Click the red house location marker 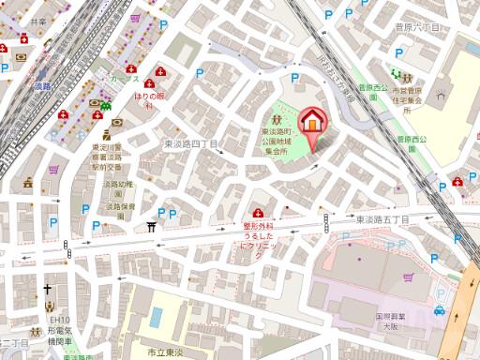[312, 123]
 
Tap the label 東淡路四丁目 [191, 144]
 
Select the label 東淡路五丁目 [383, 219]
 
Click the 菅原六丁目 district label [417, 29]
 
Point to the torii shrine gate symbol [151, 225]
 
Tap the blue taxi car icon [439, 311]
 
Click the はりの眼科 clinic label [150, 96]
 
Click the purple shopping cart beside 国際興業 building [408, 277]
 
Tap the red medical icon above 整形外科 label [258, 214]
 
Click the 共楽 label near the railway [37, 21]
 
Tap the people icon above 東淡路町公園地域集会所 [276, 120]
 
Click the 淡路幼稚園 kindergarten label [120, 185]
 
